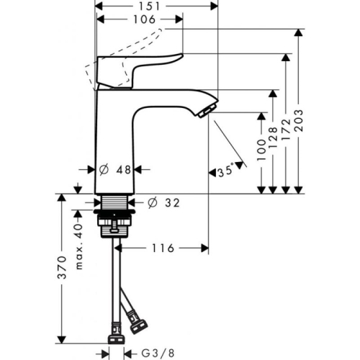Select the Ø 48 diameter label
(x=114, y=170)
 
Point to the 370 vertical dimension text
(x=63, y=267)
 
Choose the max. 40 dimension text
(x=78, y=237)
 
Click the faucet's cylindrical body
(x=114, y=144)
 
